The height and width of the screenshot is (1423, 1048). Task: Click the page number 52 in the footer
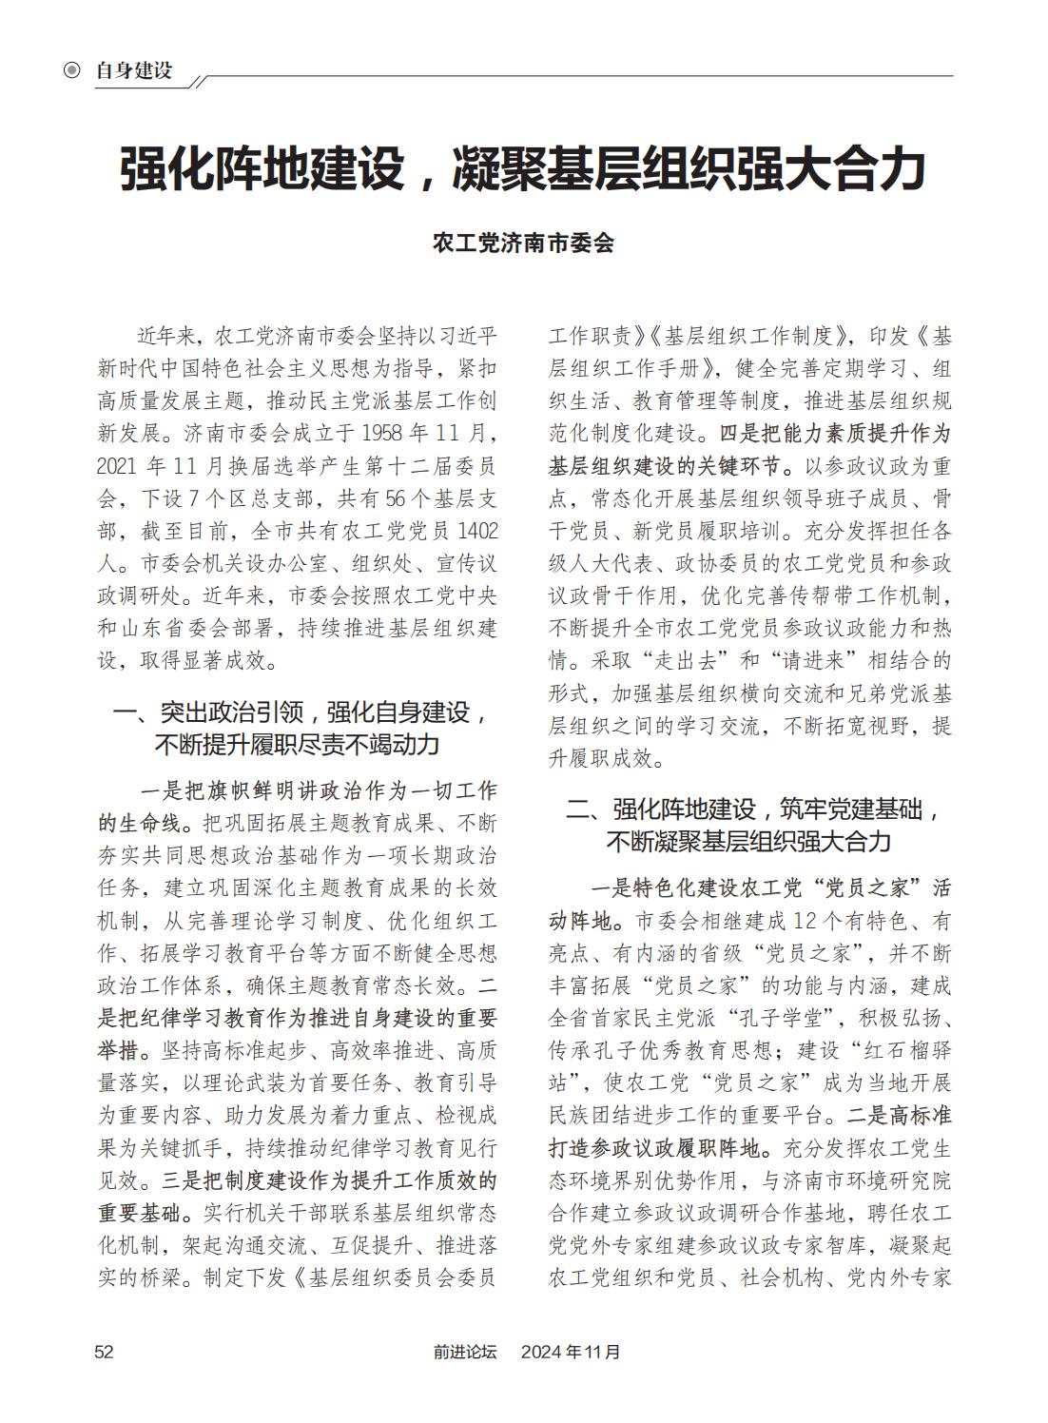coord(104,1351)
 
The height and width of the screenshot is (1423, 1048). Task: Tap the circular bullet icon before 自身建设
coord(70,70)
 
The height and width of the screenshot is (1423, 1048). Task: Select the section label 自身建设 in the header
coord(134,70)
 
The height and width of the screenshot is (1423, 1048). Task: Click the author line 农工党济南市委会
coord(523,243)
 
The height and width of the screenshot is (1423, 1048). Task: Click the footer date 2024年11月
coord(571,1351)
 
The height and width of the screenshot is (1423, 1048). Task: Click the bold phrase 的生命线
coord(138,822)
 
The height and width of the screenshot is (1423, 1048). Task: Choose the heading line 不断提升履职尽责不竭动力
coord(297,745)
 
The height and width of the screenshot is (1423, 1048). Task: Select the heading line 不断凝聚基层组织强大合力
coord(749,842)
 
